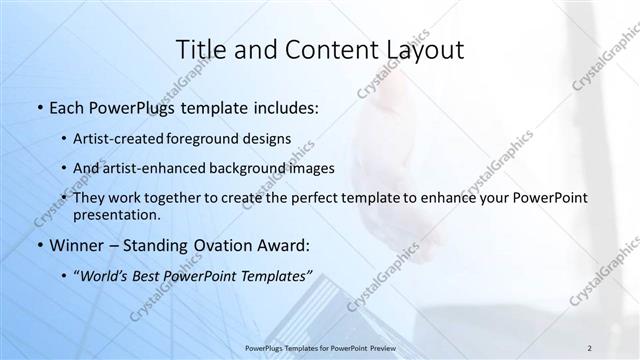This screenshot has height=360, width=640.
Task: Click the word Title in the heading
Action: tap(200, 50)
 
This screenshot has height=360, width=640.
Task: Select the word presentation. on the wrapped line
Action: tap(116, 215)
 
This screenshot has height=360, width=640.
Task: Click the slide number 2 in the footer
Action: tap(590, 347)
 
